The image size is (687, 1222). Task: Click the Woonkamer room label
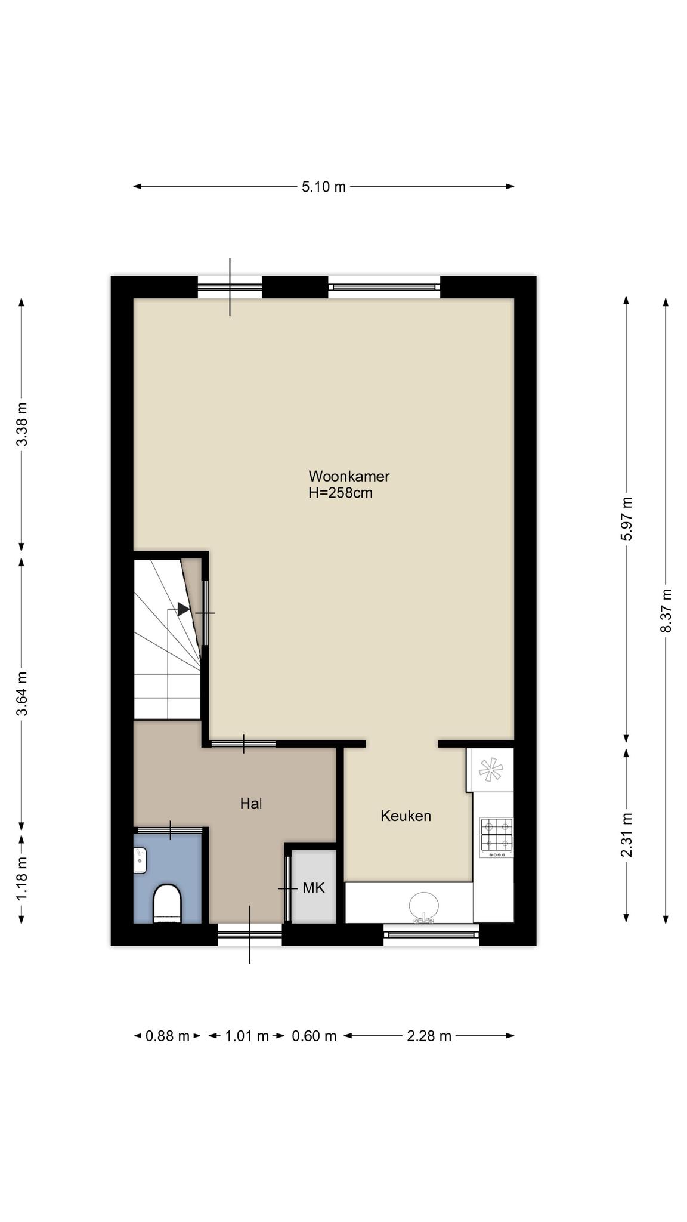pyautogui.click(x=349, y=476)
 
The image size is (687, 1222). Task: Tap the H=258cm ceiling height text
pyautogui.click(x=341, y=493)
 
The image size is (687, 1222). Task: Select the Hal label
pyautogui.click(x=251, y=804)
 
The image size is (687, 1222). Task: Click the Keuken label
pyautogui.click(x=406, y=816)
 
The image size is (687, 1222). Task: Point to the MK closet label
pyautogui.click(x=314, y=888)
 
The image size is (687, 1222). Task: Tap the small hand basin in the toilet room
pyautogui.click(x=140, y=861)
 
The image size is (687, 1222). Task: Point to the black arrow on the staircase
pyautogui.click(x=184, y=609)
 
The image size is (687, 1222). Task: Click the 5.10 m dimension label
pyautogui.click(x=323, y=187)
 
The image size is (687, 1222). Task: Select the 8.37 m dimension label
pyautogui.click(x=666, y=611)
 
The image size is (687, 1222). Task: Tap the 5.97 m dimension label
pyautogui.click(x=626, y=519)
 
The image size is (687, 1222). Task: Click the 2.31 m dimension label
pyautogui.click(x=626, y=835)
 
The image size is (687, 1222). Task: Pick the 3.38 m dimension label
pyautogui.click(x=22, y=424)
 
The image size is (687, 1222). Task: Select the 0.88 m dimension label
pyautogui.click(x=168, y=1036)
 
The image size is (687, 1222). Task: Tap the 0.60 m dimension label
pyautogui.click(x=314, y=1036)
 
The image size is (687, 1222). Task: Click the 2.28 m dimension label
pyautogui.click(x=429, y=1036)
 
